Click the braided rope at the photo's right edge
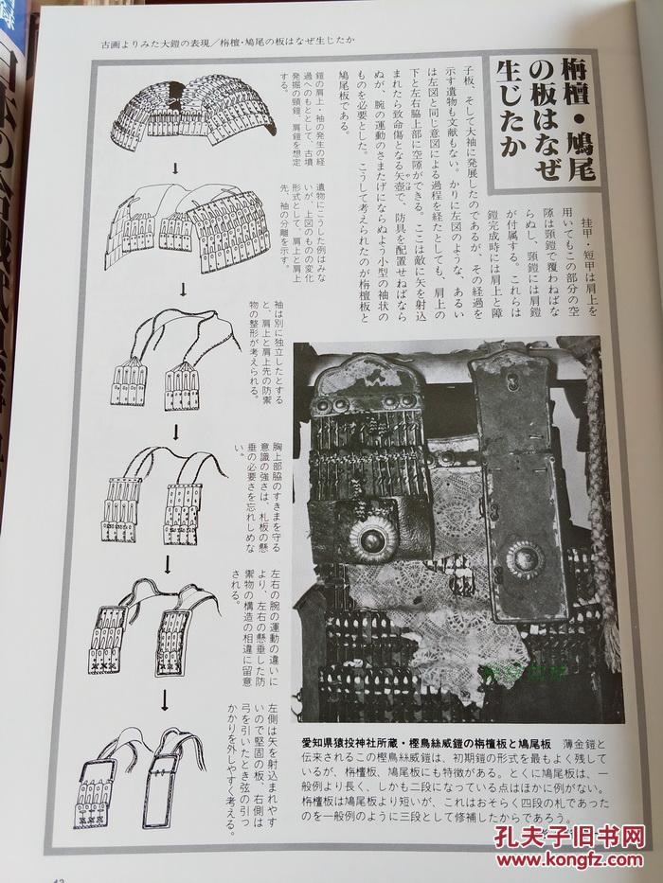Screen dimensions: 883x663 (x=602, y=502)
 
